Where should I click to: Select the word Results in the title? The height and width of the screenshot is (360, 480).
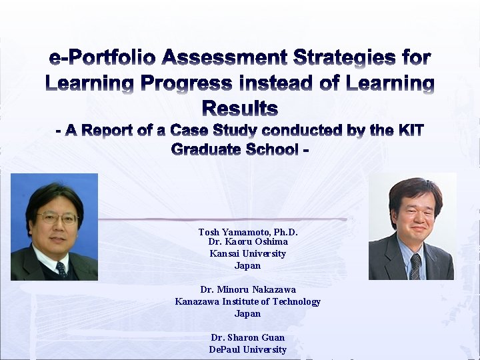tap(239, 108)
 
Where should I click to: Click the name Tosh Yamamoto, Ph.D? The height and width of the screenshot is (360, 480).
tap(247, 232)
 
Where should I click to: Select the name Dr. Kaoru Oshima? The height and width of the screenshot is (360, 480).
tap(247, 242)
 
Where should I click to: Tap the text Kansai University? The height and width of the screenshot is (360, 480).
tap(247, 253)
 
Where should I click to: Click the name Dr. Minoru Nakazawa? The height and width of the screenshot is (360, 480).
tap(247, 290)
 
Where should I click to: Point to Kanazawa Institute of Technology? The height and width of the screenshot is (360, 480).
tap(247, 301)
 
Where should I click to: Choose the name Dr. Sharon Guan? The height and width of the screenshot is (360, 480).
tap(247, 338)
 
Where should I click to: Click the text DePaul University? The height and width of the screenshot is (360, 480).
tap(247, 349)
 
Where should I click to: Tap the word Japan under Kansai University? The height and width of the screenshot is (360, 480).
tap(247, 265)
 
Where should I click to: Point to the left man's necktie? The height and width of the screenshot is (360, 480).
tap(61, 269)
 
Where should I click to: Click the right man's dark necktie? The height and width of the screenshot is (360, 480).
tap(416, 265)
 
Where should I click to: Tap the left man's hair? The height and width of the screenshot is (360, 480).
tap(55, 194)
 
